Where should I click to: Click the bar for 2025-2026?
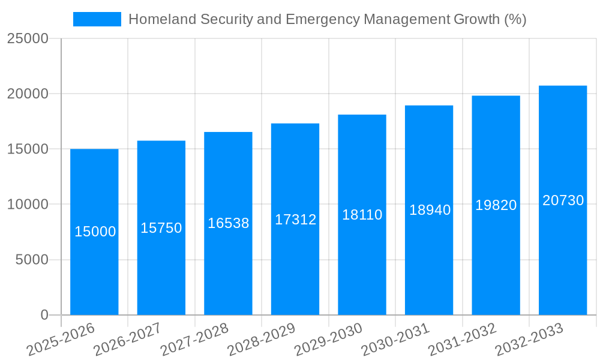(94, 264)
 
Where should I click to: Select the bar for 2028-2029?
(295, 264)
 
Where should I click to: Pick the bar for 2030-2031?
(429, 264)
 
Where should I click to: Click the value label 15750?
(161, 228)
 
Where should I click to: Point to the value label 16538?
(228, 223)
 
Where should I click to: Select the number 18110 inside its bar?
(362, 215)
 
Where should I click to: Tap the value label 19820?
(496, 205)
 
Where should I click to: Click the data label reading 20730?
(563, 200)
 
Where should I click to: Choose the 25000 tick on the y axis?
(28, 39)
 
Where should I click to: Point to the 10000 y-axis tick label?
(28, 205)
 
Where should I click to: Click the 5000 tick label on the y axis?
(31, 260)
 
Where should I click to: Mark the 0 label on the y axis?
(44, 315)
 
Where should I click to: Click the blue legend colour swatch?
(97, 19)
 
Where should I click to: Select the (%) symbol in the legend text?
(515, 19)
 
